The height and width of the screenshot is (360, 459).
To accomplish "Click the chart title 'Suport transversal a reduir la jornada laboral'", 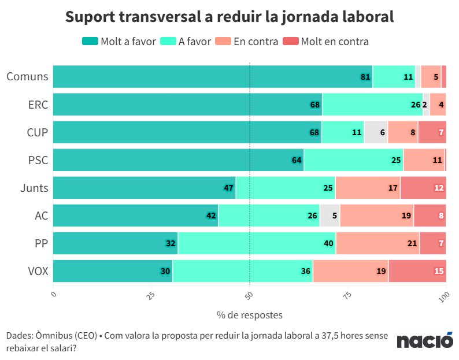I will [x=229, y=17].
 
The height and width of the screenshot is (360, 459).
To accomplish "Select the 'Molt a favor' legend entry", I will [x=119, y=42].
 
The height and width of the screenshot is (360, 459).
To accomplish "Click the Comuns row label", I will [x=27, y=76].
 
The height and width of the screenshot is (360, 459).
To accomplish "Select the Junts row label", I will [x=34, y=188].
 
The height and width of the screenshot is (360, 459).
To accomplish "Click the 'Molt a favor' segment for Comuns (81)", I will [x=212, y=76].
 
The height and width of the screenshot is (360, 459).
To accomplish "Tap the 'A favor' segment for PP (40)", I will [x=257, y=243].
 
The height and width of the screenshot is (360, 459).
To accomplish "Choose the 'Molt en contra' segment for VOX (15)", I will [x=417, y=271].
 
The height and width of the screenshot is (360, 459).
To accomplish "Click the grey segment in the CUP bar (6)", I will [x=375, y=132].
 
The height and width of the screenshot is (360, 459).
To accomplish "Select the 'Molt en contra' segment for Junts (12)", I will [x=423, y=188].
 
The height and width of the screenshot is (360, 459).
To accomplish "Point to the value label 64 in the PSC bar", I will [x=297, y=160].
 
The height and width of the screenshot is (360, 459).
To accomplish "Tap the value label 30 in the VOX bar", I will [x=165, y=271].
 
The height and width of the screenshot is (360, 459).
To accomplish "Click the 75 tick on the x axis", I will [x=346, y=296].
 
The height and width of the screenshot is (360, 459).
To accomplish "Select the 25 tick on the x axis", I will [x=150, y=296].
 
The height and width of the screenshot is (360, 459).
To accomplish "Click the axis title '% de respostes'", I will [x=249, y=316].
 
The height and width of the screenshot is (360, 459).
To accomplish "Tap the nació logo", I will [x=424, y=340].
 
